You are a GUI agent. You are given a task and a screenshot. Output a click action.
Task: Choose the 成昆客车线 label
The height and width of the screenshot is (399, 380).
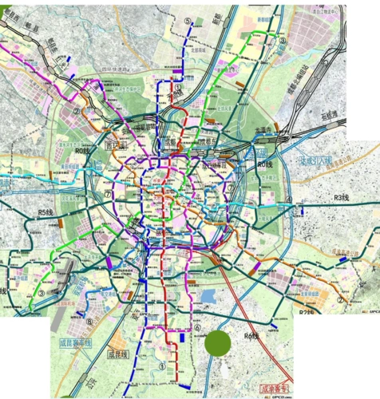click(x=75, y=343)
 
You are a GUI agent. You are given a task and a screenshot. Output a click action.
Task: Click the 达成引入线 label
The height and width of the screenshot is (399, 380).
click(x=315, y=161)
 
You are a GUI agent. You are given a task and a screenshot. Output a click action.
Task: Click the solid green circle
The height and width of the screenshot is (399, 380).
click(x=217, y=344)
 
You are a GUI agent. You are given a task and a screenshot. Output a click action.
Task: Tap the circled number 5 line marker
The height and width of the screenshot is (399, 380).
click(x=188, y=22)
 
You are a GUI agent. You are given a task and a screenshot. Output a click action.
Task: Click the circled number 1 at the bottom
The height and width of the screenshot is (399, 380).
click(x=163, y=366)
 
